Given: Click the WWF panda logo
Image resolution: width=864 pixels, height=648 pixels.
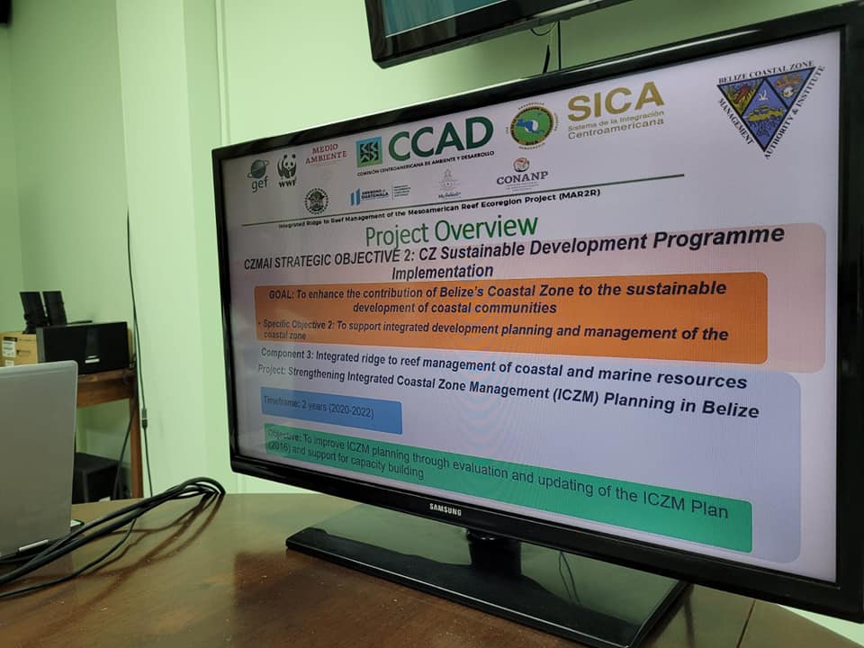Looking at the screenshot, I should (287, 168).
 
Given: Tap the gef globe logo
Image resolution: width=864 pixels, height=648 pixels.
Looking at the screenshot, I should (258, 173).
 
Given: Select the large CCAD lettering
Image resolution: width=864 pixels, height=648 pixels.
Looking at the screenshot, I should (439, 139).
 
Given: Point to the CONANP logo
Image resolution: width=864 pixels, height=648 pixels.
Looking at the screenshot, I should (521, 173).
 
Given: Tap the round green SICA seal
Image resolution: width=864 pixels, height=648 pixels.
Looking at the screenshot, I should (532, 127).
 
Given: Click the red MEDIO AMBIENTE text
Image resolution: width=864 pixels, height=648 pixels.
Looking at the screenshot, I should (326, 154).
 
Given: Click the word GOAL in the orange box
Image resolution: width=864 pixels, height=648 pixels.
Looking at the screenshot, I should (284, 294).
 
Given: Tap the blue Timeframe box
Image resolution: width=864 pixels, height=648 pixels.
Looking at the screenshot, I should (330, 411).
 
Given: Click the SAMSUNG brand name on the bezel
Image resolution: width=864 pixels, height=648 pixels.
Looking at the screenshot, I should (445, 510).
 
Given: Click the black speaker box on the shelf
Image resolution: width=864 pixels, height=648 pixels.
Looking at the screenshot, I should (84, 346).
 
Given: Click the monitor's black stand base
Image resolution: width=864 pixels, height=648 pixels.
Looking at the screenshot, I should (486, 585).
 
